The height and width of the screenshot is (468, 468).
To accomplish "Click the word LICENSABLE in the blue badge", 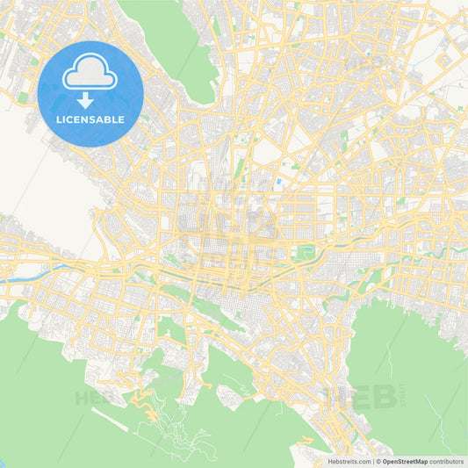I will click(90, 119).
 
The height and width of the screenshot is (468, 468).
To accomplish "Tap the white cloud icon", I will click(90, 73).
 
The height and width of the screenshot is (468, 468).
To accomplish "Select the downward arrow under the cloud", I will click(90, 99).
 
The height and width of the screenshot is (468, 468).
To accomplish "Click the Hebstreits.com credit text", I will click(346, 461).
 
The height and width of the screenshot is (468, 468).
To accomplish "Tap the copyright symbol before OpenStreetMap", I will click(378, 461).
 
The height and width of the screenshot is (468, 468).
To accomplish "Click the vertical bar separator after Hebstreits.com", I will click(371, 461).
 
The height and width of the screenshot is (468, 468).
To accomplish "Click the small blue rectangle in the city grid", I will click(278, 182).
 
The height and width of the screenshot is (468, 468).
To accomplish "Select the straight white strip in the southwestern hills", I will click(114, 421).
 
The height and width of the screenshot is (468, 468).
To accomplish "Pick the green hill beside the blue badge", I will click(176, 44).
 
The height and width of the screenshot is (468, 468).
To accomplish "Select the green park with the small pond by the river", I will click(305, 254).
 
